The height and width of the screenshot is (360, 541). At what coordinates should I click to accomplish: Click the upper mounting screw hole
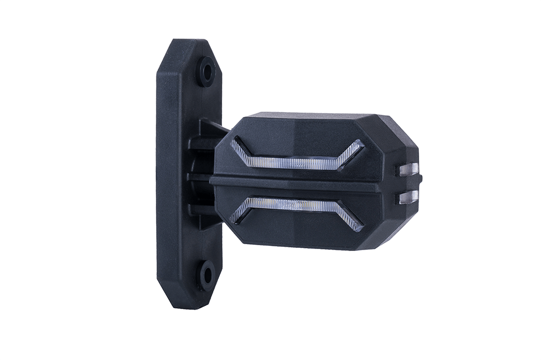click(x=206, y=71)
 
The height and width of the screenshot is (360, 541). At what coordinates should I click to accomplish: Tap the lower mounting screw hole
click(x=206, y=275)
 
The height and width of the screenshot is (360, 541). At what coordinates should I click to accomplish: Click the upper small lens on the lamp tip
click(x=408, y=169)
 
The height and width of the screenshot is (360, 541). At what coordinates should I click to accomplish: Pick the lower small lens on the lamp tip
click(x=408, y=197)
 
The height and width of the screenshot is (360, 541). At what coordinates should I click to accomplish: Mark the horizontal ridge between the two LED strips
click(x=303, y=183)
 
